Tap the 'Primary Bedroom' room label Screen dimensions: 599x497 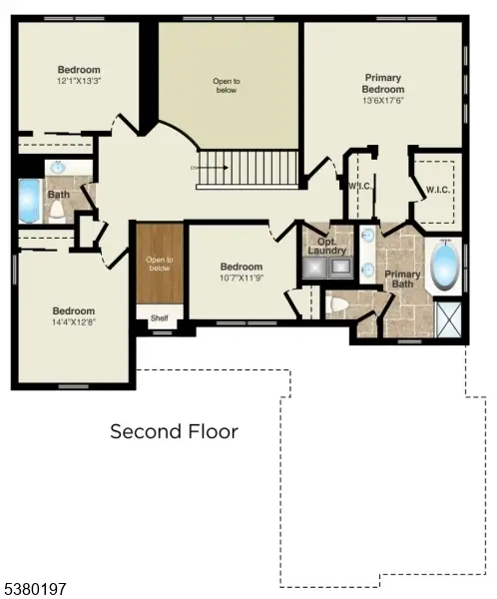382,82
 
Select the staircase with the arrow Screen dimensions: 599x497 248,167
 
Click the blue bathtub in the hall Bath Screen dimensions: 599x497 28,200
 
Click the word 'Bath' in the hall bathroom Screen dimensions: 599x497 59,195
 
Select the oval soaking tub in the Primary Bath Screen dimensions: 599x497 444,265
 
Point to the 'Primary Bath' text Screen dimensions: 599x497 402,281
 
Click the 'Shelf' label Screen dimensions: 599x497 159,319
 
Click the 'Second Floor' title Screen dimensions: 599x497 174,431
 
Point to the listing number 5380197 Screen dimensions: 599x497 35,589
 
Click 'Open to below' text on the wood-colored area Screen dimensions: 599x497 160,265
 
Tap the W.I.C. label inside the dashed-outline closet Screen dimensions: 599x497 436,190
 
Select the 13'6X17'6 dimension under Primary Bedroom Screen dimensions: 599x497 382,100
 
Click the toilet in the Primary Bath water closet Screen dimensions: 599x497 337,305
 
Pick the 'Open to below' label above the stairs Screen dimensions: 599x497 227,85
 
